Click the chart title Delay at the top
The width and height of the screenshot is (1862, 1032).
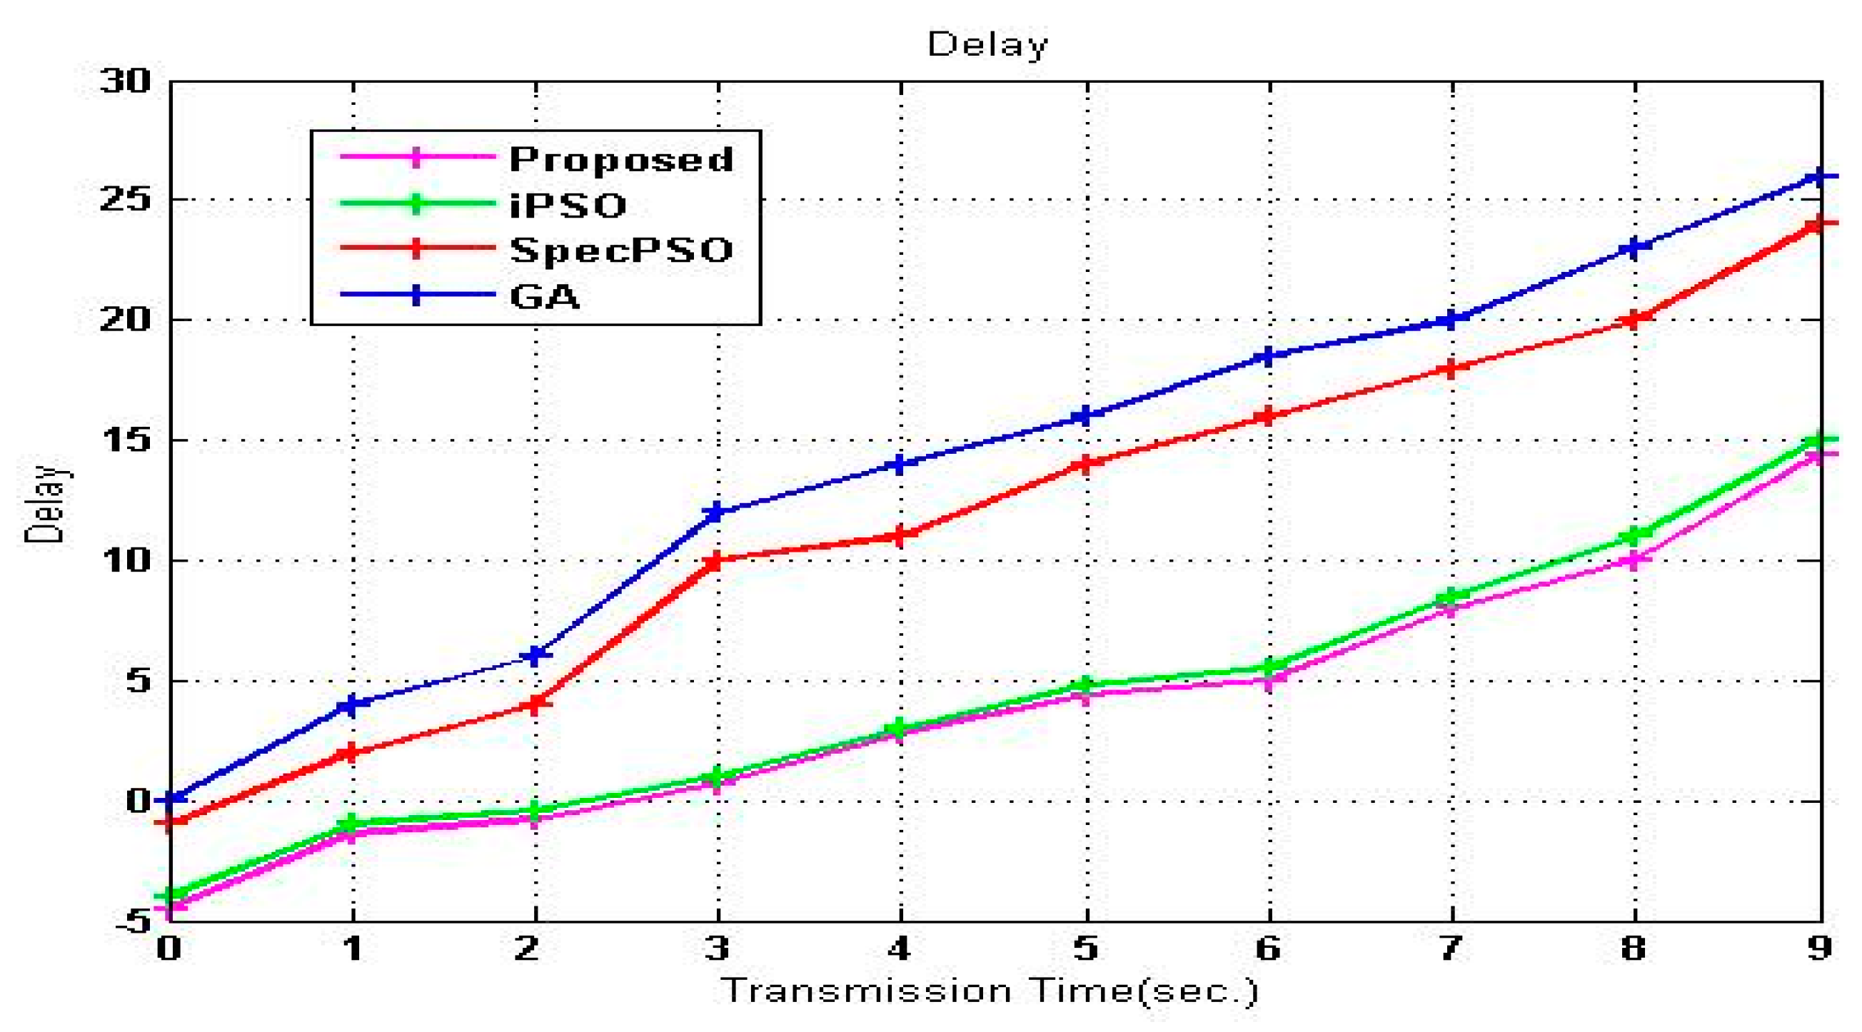[987, 45]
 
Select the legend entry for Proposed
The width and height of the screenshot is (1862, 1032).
[621, 159]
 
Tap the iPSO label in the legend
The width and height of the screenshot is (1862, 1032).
[568, 206]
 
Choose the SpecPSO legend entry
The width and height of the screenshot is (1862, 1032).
[621, 250]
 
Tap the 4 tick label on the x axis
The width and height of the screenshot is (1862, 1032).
[899, 948]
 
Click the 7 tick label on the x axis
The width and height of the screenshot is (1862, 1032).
[1451, 948]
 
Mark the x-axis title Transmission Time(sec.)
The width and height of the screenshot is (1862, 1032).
[990, 991]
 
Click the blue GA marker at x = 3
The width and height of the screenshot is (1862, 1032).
[717, 512]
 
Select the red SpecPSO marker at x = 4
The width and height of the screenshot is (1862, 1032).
[899, 535]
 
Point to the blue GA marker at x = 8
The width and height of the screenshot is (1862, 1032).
[1634, 248]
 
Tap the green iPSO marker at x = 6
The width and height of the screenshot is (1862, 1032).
[1269, 667]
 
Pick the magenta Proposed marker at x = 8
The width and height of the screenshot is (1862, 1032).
[1634, 560]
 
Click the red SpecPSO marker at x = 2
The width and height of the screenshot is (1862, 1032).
[535, 703]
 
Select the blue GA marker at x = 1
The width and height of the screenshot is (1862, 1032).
[352, 704]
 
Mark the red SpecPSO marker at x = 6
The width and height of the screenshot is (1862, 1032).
[1269, 416]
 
